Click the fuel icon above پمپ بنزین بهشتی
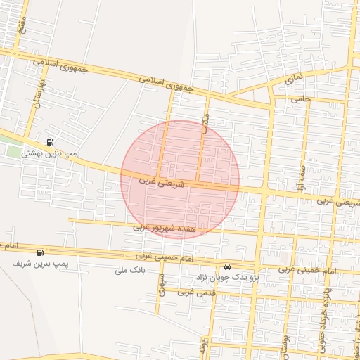(49, 141)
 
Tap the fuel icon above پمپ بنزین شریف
(39, 252)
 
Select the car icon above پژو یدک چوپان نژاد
(227, 267)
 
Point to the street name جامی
(301, 99)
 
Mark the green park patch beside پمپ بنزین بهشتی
(10, 150)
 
